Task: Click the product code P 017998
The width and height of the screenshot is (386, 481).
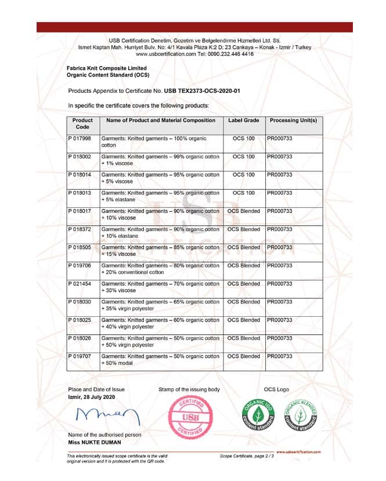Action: (x=80, y=139)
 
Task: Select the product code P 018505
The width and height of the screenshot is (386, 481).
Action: (x=80, y=248)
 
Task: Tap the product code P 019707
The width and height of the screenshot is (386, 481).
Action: (x=80, y=356)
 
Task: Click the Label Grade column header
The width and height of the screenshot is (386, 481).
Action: (x=243, y=121)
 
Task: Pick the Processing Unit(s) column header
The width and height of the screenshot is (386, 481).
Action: (x=293, y=121)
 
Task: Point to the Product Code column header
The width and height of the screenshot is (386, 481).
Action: (x=82, y=124)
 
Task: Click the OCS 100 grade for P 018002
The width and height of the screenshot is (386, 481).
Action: (x=243, y=157)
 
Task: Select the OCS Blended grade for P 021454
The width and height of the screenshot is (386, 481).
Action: (x=243, y=284)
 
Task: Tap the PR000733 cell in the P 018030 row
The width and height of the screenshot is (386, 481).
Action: (x=280, y=302)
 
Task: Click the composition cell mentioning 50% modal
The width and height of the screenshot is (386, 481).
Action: (x=161, y=360)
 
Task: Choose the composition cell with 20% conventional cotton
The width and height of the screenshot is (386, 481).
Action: (x=161, y=269)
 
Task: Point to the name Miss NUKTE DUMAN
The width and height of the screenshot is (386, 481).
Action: (x=95, y=443)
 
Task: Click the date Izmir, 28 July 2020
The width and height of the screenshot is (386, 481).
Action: (x=92, y=397)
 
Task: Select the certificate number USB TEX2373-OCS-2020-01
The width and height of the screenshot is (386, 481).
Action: (x=202, y=91)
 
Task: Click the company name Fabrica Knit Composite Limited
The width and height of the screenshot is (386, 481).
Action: (x=107, y=68)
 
